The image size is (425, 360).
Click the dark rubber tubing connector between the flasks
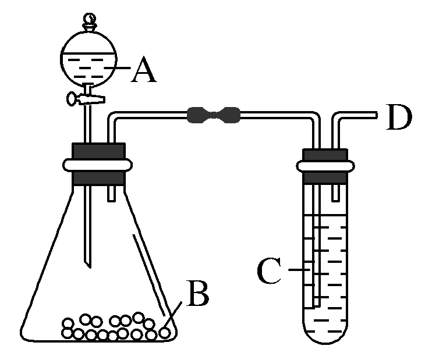214,115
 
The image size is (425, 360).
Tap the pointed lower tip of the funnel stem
88,265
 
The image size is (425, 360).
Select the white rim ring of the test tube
324,166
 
